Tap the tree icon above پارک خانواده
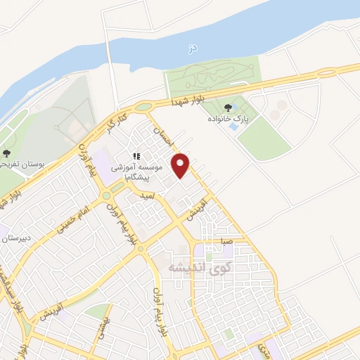pos(226,108)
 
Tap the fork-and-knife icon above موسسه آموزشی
pos(136,156)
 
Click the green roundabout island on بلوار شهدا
pos(144,107)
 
